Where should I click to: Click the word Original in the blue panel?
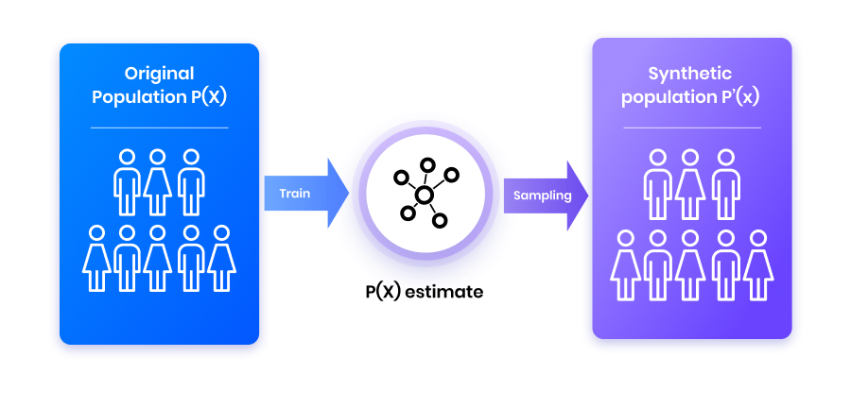tap(159, 74)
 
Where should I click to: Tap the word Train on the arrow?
tap(294, 194)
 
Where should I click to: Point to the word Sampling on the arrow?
tap(542, 195)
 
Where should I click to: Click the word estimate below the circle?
tap(443, 292)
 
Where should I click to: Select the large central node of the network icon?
tap(425, 195)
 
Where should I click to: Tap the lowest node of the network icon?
tap(439, 220)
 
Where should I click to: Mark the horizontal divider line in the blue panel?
tap(159, 127)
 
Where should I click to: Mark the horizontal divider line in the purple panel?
tap(691, 127)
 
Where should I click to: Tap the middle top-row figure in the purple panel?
tap(691, 185)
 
